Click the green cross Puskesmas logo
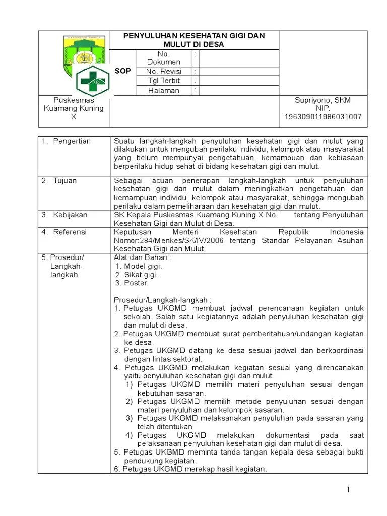(93, 80)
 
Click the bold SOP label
(123, 71)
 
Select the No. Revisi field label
(163, 71)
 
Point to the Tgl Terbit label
(163, 81)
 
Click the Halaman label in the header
(163, 91)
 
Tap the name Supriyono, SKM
(322, 100)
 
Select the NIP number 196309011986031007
(322, 117)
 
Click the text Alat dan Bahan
(142, 257)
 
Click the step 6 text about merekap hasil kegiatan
(190, 469)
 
